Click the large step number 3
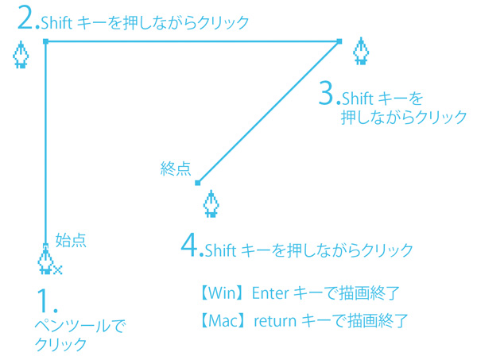coord(328,94)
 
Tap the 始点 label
coord(70,239)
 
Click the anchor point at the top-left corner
coord(45,41)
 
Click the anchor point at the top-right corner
coord(339,41)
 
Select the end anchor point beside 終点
coord(198,183)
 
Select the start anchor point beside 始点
coord(45,246)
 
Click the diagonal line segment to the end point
coord(269,112)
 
